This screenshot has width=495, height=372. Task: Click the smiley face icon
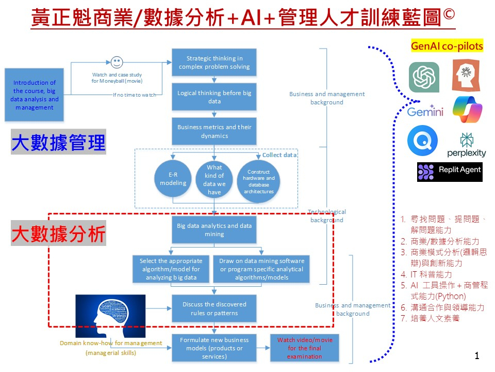click(117, 62)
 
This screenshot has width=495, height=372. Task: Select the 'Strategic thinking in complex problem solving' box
click(214, 63)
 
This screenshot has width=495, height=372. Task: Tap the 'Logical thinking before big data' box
click(214, 97)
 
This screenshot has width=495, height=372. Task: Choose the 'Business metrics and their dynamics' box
click(214, 131)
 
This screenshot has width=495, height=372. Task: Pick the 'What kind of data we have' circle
click(214, 179)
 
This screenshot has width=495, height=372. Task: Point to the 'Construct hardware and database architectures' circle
click(259, 181)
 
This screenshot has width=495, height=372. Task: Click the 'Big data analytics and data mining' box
click(214, 230)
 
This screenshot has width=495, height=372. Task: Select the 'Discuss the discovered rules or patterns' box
click(214, 308)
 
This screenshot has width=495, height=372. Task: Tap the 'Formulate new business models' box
click(214, 348)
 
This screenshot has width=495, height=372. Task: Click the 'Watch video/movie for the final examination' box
click(305, 348)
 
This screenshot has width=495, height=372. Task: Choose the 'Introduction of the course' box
click(35, 95)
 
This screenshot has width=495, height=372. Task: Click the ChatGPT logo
click(424, 77)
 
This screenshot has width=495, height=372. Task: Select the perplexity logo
click(467, 145)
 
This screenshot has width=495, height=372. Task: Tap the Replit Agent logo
click(450, 171)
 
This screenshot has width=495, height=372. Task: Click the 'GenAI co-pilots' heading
click(447, 46)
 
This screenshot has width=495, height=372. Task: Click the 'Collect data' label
click(279, 155)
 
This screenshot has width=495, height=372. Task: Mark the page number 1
click(477, 355)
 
